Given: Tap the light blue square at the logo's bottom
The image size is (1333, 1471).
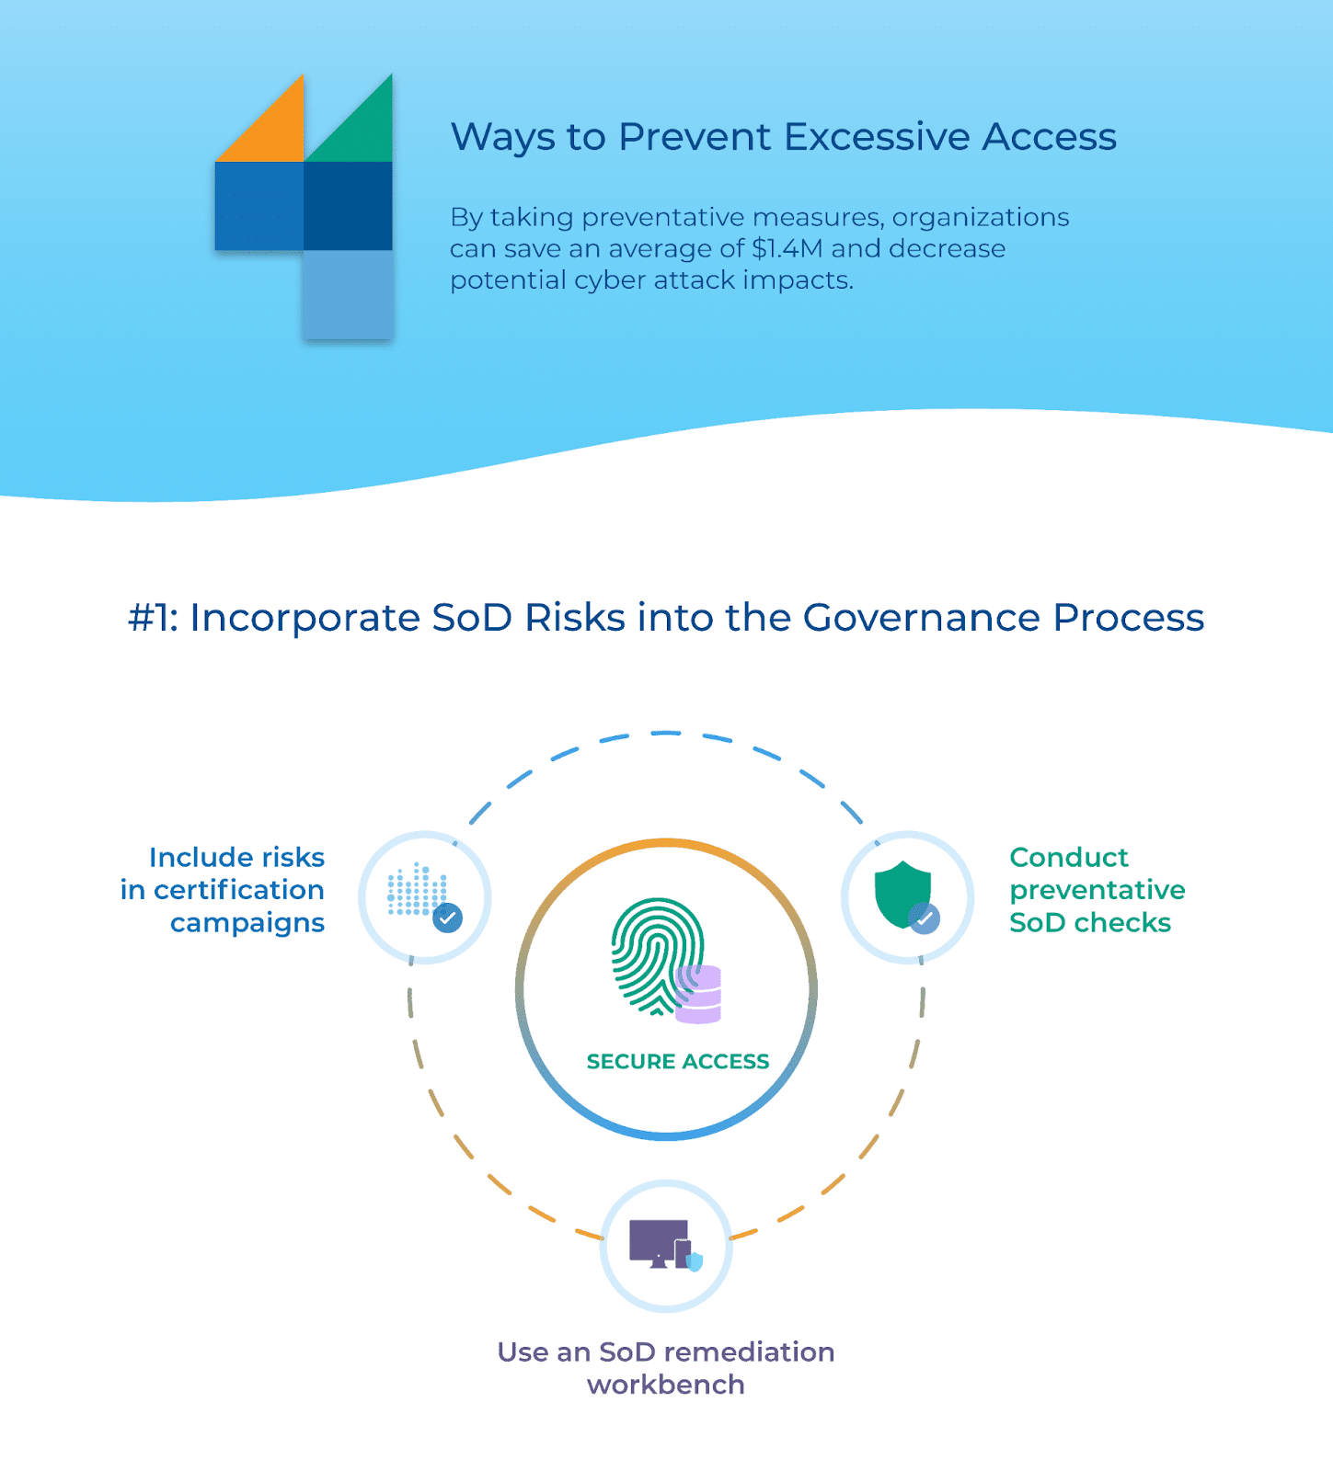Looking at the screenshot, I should tap(348, 294).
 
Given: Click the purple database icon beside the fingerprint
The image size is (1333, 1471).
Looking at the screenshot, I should tap(700, 995).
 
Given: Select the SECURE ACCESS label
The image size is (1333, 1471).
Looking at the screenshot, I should tap(678, 1062).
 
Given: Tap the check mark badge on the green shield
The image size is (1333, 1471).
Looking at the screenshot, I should tap(925, 918).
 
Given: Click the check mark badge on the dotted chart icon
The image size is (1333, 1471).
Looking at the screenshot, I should tap(448, 918).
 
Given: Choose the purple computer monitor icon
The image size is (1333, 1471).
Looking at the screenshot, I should tap(657, 1242).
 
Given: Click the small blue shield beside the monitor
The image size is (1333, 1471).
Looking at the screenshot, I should tap(695, 1260).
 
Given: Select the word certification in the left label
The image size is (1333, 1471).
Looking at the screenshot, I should tap(238, 890).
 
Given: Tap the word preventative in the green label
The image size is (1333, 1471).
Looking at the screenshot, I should tap(1097, 890).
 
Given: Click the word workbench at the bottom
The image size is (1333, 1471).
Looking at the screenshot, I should tap(666, 1385).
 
